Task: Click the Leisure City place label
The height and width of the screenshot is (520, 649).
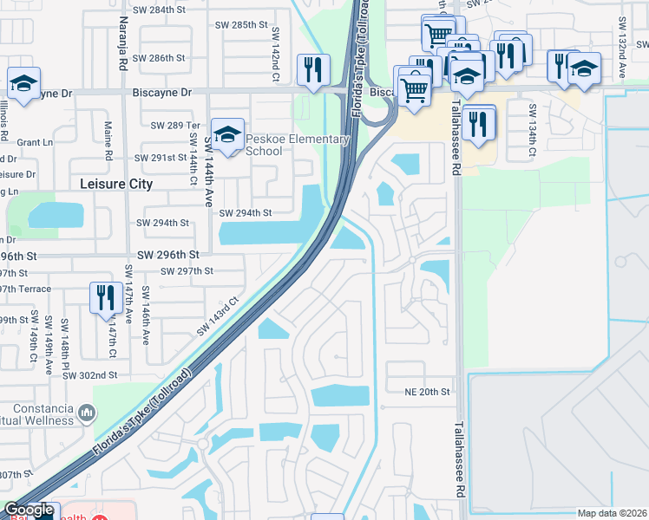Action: [116, 184]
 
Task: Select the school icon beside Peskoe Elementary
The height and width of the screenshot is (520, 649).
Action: [227, 135]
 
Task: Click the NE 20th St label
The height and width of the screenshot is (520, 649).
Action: [428, 392]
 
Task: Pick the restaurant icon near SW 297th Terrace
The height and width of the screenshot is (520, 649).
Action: [104, 297]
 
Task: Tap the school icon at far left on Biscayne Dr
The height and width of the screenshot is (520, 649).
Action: [23, 83]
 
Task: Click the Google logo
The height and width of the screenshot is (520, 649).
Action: [29, 510]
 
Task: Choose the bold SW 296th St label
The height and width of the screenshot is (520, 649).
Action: [168, 255]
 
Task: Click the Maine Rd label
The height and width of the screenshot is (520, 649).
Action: [108, 141]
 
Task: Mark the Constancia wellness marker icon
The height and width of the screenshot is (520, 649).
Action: [86, 413]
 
